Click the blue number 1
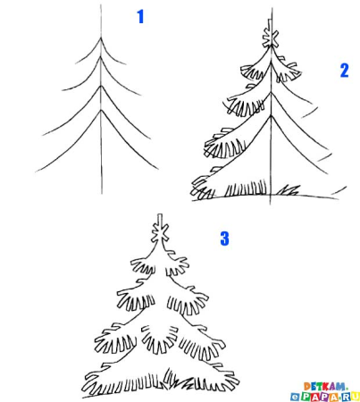click(x=139, y=16)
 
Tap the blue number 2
click(x=344, y=71)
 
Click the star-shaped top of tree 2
click(x=271, y=38)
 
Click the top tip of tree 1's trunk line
click(x=101, y=5)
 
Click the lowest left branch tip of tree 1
click(x=38, y=171)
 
